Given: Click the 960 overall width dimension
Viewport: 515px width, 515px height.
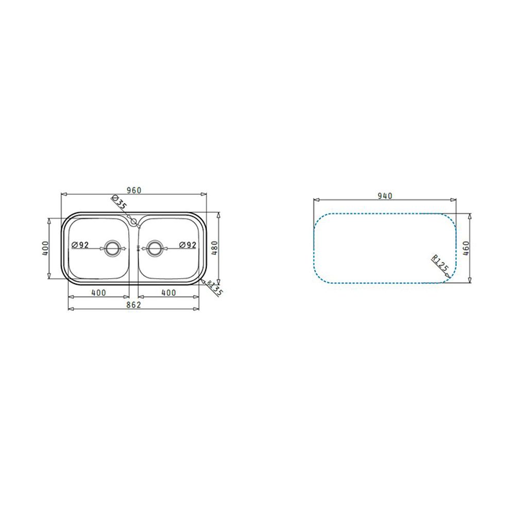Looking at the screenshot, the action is pos(134,191).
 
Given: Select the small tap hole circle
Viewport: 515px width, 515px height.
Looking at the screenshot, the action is pos(133,221).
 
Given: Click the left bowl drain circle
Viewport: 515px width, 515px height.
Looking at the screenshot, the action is pos(113,249).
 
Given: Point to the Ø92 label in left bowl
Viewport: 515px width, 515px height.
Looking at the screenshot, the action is pos(80,245).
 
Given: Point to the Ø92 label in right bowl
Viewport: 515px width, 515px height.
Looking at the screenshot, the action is pos(187,245).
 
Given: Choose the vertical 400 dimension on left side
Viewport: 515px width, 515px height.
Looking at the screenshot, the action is pos(45,248).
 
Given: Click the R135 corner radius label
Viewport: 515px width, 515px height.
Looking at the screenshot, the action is pos(215,288).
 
